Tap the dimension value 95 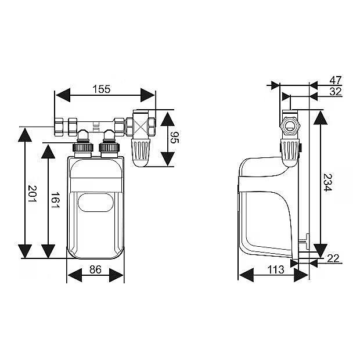pos(174,138)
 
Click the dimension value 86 pos(96,269)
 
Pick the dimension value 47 pos(335,80)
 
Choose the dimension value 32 pos(335,91)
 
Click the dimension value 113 pos(276,269)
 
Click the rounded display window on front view pos(95,203)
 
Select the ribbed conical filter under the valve pos(141,152)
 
